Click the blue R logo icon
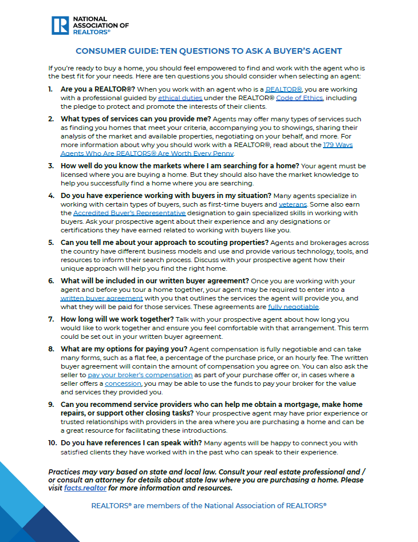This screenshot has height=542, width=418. click(x=60, y=25)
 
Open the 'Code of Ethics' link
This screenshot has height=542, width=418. click(x=299, y=98)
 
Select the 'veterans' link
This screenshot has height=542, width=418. click(x=293, y=204)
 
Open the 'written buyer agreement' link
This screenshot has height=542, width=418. click(x=102, y=298)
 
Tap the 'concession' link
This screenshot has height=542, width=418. click(x=123, y=383)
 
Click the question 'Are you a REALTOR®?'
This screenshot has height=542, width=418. click(x=98, y=89)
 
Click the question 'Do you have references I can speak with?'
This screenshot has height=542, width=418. click(x=131, y=442)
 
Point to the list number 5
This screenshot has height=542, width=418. click(x=51, y=243)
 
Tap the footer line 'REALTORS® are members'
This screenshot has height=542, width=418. click(x=208, y=505)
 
